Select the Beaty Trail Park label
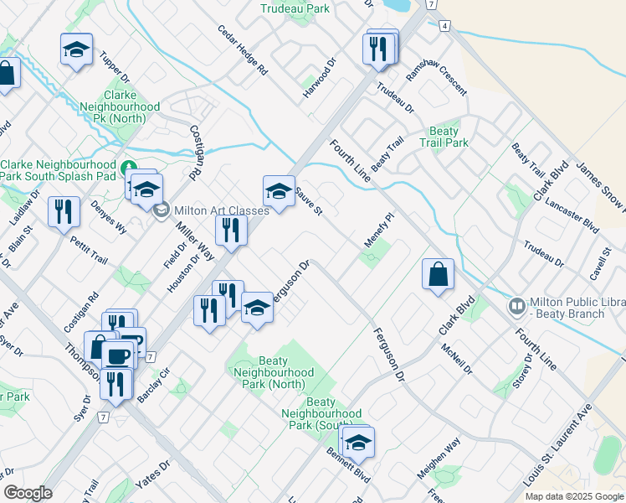444,137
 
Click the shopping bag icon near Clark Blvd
439,274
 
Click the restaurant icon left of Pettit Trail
64,213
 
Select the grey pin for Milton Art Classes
162,210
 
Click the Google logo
28,493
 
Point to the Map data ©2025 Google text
573,496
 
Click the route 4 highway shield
444,27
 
